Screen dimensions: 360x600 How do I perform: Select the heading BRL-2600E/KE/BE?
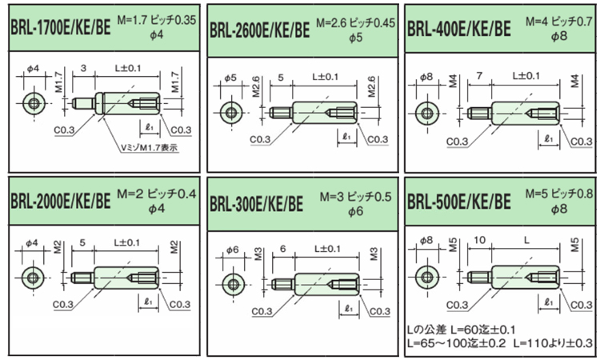[260, 30]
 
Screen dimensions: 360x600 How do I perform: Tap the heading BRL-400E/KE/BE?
[458, 30]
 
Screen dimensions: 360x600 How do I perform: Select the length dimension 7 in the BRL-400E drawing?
[478, 74]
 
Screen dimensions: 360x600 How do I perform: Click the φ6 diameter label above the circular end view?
[232, 250]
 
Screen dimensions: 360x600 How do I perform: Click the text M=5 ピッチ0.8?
[559, 194]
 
